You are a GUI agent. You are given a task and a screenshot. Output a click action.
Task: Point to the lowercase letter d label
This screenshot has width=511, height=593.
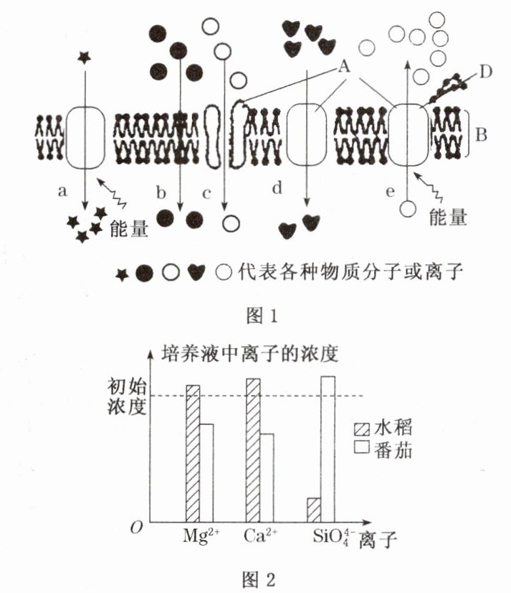click(x=278, y=189)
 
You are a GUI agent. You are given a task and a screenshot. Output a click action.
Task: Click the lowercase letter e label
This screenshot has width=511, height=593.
click(x=391, y=192)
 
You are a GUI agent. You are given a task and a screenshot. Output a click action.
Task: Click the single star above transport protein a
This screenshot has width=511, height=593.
click(x=85, y=57)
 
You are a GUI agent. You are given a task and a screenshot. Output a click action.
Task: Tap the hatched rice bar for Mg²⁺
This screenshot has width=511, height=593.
click(x=193, y=454)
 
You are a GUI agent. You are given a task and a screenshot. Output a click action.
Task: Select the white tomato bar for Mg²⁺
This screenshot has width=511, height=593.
click(x=206, y=473)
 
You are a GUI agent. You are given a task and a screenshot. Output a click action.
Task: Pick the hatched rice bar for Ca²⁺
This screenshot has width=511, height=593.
click(x=252, y=450)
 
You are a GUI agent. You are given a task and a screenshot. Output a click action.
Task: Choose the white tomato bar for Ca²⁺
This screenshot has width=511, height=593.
click(x=266, y=477)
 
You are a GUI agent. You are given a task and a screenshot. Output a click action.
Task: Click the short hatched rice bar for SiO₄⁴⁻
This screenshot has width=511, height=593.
click(x=314, y=510)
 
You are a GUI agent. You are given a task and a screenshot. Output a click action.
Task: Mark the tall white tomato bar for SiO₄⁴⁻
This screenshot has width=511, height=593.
click(x=328, y=449)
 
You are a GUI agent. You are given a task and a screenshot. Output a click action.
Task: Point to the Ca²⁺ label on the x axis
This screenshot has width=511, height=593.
click(x=259, y=536)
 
